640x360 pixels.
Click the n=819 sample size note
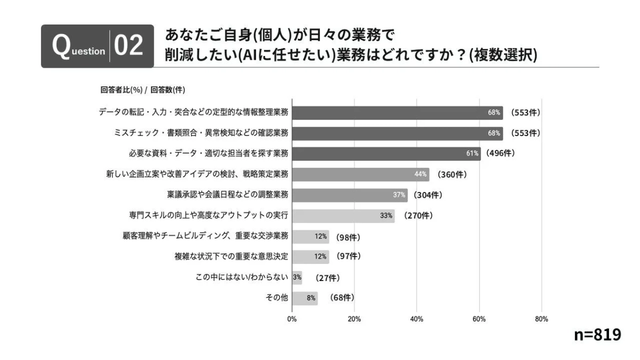(x=597, y=334)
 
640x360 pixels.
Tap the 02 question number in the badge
(x=129, y=46)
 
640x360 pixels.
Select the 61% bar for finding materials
(x=386, y=154)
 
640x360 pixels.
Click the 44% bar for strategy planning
(x=361, y=174)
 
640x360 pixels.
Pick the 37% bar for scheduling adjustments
(x=350, y=195)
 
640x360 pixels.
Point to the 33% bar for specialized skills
(x=343, y=215)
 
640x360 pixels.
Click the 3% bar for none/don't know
(x=297, y=277)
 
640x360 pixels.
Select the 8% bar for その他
(x=305, y=298)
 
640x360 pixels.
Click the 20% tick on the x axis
(x=354, y=319)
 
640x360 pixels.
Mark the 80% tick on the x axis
(x=541, y=319)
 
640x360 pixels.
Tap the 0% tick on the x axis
(x=292, y=319)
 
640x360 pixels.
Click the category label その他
(x=277, y=298)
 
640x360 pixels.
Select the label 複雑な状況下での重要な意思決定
(x=231, y=257)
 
